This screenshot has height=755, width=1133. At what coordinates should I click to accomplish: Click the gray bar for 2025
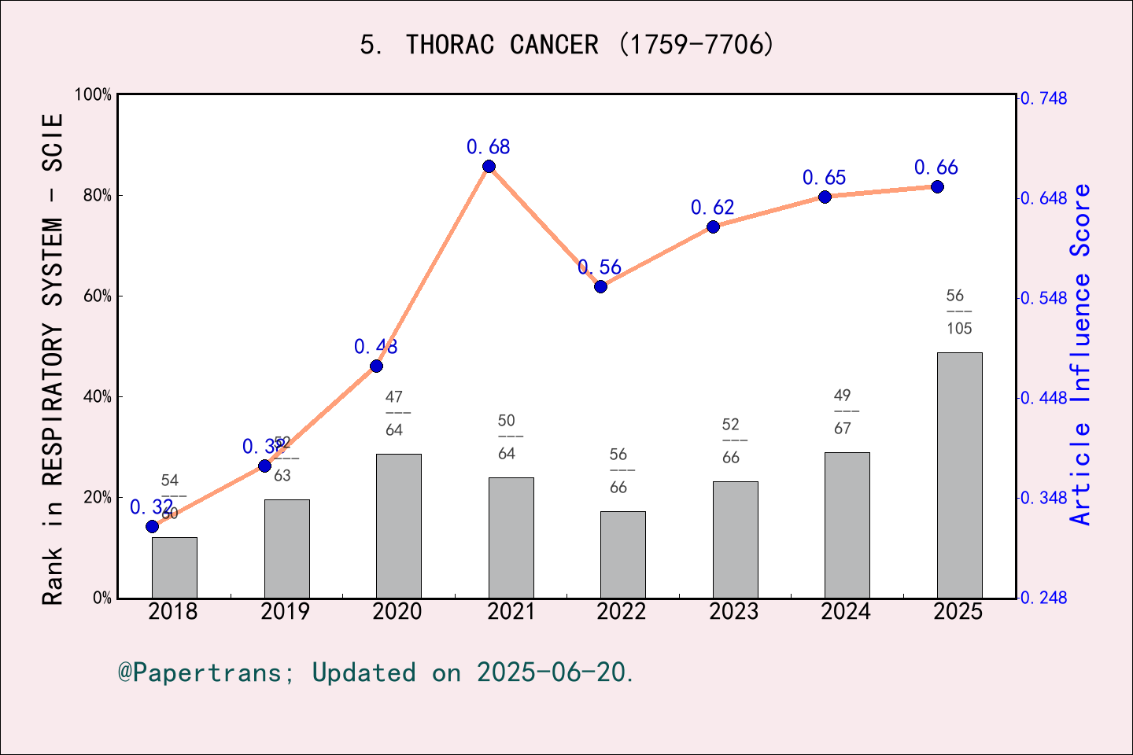(x=959, y=475)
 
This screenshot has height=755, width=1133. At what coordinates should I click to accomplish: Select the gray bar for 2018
(x=174, y=567)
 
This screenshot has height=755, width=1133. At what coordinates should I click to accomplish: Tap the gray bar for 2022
(x=622, y=554)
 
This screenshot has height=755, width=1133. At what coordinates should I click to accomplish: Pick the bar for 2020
(x=398, y=525)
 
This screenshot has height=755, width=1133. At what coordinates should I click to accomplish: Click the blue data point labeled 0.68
(x=489, y=166)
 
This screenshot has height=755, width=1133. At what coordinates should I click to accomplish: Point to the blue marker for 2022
(x=600, y=286)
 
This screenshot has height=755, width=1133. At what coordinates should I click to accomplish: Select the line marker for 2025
(x=937, y=186)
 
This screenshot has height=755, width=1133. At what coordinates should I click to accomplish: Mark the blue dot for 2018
(x=152, y=526)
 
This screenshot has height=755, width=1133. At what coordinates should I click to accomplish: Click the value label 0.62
(x=712, y=208)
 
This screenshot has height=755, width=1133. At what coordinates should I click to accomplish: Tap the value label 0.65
(x=824, y=178)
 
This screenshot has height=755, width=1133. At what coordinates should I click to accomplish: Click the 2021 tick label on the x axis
(x=511, y=612)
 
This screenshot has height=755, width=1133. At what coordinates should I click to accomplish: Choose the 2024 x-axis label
(x=846, y=612)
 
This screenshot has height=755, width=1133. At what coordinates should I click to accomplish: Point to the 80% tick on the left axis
(x=98, y=196)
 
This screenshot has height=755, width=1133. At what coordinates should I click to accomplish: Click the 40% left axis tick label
(x=98, y=397)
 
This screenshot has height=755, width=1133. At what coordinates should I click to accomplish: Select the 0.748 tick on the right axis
(x=1044, y=98)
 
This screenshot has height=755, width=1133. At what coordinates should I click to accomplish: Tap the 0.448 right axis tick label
(x=1044, y=398)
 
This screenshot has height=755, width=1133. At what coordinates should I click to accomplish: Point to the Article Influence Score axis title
(x=1080, y=354)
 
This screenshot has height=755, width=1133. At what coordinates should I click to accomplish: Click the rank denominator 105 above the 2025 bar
(x=959, y=329)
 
